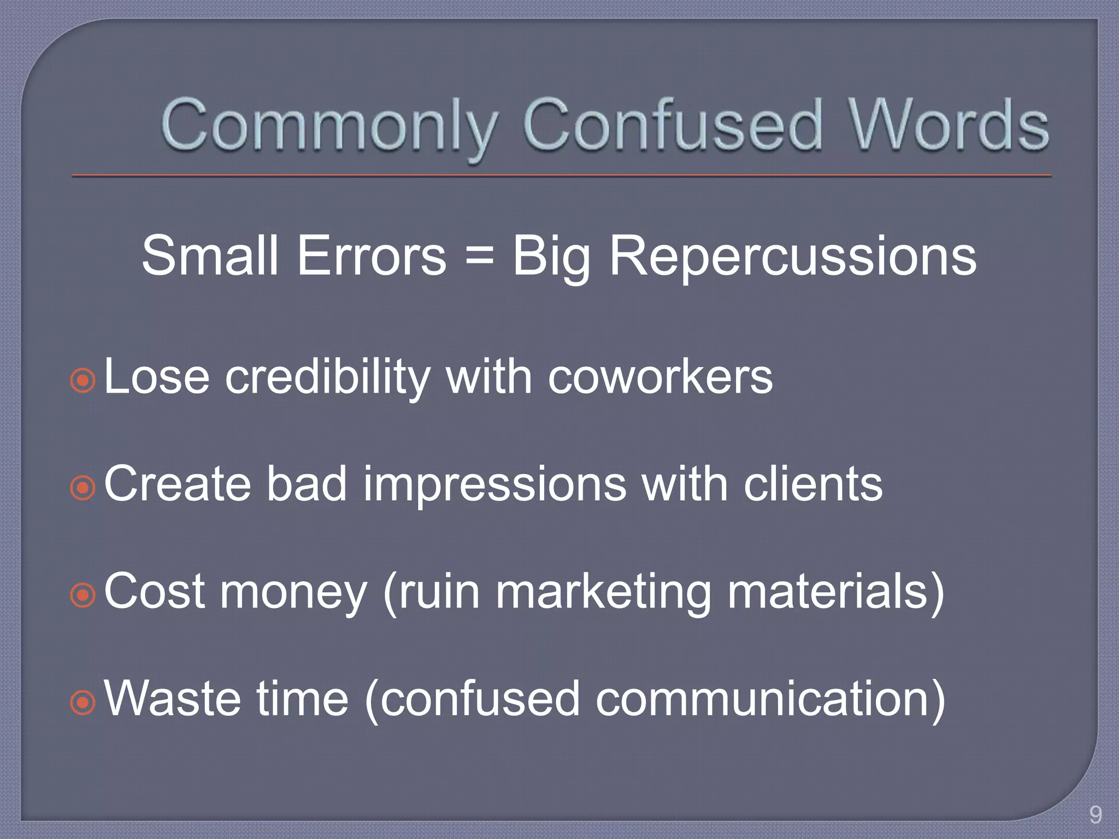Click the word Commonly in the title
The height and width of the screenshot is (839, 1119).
point(328,127)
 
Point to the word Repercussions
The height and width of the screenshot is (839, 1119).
point(792,257)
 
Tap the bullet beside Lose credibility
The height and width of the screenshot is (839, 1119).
point(83,380)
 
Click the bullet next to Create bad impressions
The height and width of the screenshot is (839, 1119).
point(83,487)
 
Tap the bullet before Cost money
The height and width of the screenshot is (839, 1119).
point(83,595)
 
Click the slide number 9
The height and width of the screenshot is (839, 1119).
point(1095,815)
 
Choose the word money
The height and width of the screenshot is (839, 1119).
point(293,593)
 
